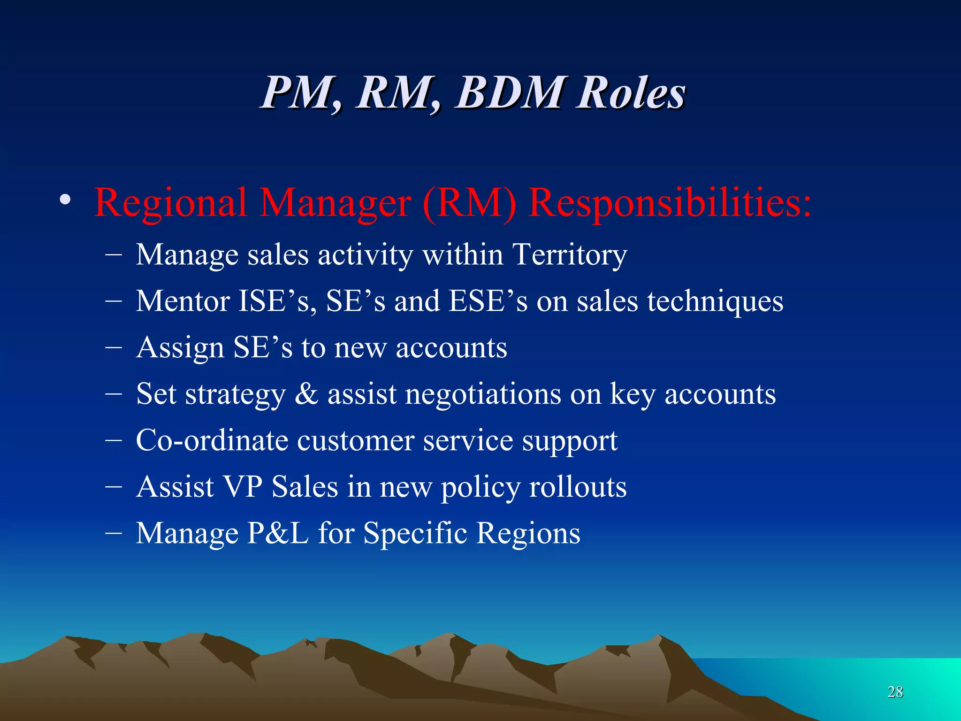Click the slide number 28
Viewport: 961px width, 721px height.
coord(895,692)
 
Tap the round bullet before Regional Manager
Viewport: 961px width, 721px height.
coord(66,201)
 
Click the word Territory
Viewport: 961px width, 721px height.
coord(569,255)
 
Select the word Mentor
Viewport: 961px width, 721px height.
coord(183,301)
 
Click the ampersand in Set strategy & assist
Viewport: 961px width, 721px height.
coord(306,393)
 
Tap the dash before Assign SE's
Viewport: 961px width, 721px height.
coord(114,348)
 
